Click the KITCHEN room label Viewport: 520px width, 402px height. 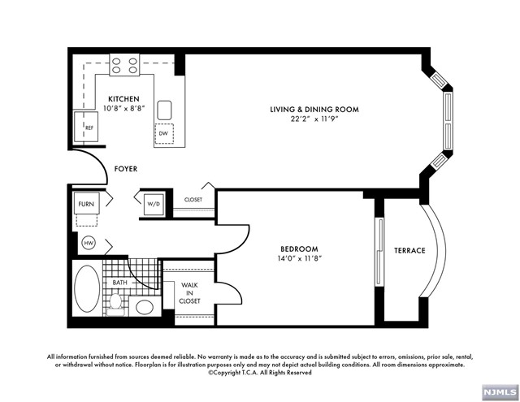pos(123,99)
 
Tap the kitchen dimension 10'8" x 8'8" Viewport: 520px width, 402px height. pos(124,108)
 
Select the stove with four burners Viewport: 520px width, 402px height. pos(124,65)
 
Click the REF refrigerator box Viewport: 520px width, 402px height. pos(86,127)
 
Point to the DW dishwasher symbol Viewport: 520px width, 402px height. pos(164,133)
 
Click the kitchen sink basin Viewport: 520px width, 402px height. pos(164,110)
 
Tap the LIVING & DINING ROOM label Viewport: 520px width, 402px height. pos(314,110)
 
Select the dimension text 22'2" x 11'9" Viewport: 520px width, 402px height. pos(314,119)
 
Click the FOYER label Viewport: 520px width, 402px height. pos(126,169)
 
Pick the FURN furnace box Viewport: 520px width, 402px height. pos(86,204)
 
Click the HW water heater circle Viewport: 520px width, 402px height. pos(89,244)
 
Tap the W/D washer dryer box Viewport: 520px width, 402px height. pos(154,204)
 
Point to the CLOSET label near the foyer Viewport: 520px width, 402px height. pos(193,200)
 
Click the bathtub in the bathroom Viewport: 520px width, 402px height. pos(87,287)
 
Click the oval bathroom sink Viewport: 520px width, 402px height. pos(145,307)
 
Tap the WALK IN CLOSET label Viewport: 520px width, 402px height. pos(189,293)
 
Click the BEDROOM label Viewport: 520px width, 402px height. pos(299,249)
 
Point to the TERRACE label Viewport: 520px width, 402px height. pos(409,251)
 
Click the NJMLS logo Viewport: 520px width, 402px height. pos(500,393)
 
